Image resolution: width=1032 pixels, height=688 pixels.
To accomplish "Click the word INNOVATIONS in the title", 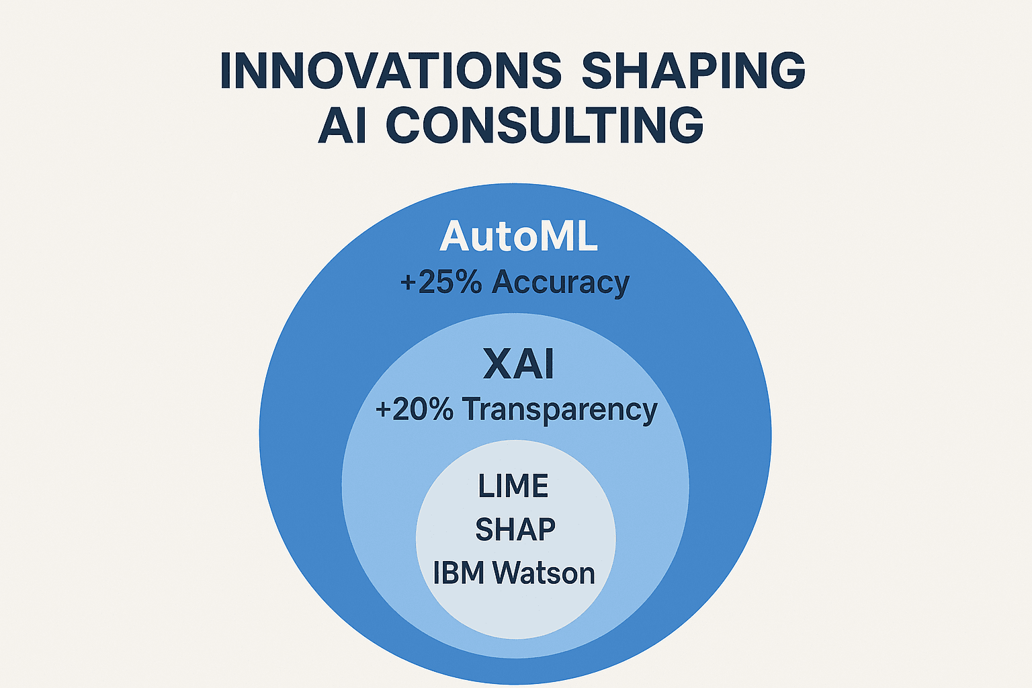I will [x=390, y=70].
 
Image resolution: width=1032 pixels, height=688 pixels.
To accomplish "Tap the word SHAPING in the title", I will [x=693, y=70].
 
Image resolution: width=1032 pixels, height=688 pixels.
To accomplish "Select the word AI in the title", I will [x=342, y=125].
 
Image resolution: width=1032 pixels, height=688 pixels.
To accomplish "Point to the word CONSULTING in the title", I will [x=544, y=125].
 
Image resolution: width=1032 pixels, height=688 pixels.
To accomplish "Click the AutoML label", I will [x=518, y=237].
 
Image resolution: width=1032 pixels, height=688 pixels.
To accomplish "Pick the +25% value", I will [x=441, y=282].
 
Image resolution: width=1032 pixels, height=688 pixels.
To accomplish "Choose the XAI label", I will [x=518, y=365].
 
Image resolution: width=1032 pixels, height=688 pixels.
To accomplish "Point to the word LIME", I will [x=513, y=486].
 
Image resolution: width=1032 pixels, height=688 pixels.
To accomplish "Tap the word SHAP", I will [x=515, y=530].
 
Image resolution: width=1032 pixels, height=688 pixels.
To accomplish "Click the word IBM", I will [x=459, y=574].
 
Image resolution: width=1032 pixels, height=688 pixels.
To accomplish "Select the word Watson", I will [x=544, y=574].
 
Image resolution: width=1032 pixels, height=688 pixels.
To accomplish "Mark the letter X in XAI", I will [x=498, y=365].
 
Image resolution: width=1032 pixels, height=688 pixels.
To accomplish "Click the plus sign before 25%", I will [x=408, y=283].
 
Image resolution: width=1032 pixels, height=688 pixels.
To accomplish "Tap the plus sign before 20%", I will [x=383, y=410].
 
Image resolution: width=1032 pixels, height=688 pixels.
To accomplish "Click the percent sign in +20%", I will [x=441, y=409].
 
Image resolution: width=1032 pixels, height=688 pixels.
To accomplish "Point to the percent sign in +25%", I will [x=468, y=282].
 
